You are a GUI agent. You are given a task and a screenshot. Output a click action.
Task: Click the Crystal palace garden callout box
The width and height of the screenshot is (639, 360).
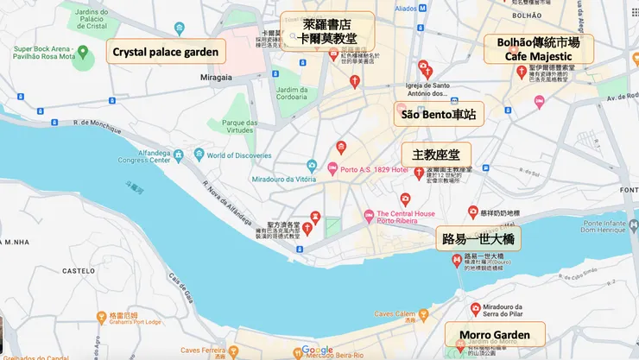(x=166, y=52)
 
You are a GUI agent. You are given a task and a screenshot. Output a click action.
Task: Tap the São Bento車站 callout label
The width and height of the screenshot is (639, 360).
(x=438, y=114)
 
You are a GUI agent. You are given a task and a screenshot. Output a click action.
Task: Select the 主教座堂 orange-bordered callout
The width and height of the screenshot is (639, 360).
(x=436, y=155)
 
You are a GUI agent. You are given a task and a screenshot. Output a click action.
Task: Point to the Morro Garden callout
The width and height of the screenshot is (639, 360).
(x=495, y=334)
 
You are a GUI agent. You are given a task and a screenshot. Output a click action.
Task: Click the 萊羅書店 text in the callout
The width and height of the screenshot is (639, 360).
(x=326, y=24)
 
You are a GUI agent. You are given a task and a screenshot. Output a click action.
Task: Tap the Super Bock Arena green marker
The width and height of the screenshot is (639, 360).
(x=83, y=53)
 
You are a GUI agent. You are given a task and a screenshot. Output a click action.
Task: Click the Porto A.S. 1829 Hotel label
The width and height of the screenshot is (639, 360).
(x=374, y=169)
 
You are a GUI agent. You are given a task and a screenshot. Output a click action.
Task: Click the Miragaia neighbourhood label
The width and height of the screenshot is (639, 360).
(x=217, y=77)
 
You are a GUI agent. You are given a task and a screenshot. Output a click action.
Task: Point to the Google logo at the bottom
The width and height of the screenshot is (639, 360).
(x=318, y=350)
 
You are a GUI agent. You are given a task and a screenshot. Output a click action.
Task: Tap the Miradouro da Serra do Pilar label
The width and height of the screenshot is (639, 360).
(x=513, y=312)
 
